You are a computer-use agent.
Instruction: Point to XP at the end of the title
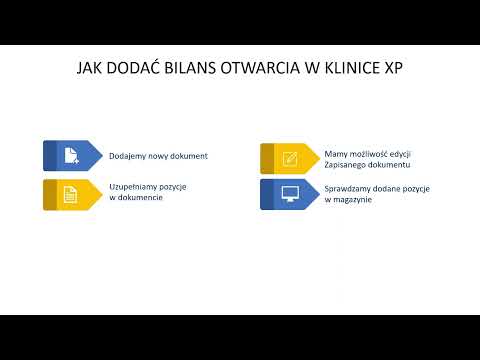[395, 69]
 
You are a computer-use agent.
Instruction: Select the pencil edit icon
[290, 158]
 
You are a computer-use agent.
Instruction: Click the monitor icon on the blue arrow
[290, 194]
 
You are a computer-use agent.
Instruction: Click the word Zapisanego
[347, 164]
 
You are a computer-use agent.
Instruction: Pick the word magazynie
[351, 200]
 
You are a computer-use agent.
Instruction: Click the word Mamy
[335, 153]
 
